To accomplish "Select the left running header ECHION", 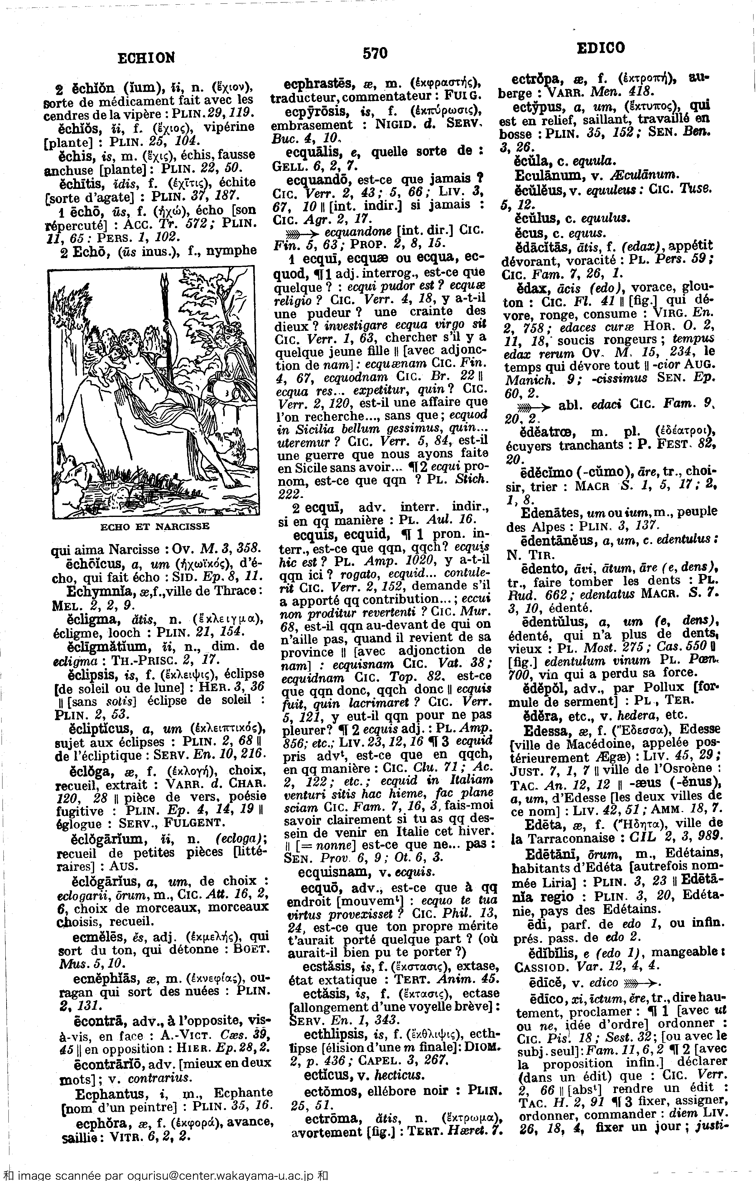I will click(146, 58).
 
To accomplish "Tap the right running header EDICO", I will click(600, 48).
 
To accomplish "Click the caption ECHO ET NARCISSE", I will click(155, 526).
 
